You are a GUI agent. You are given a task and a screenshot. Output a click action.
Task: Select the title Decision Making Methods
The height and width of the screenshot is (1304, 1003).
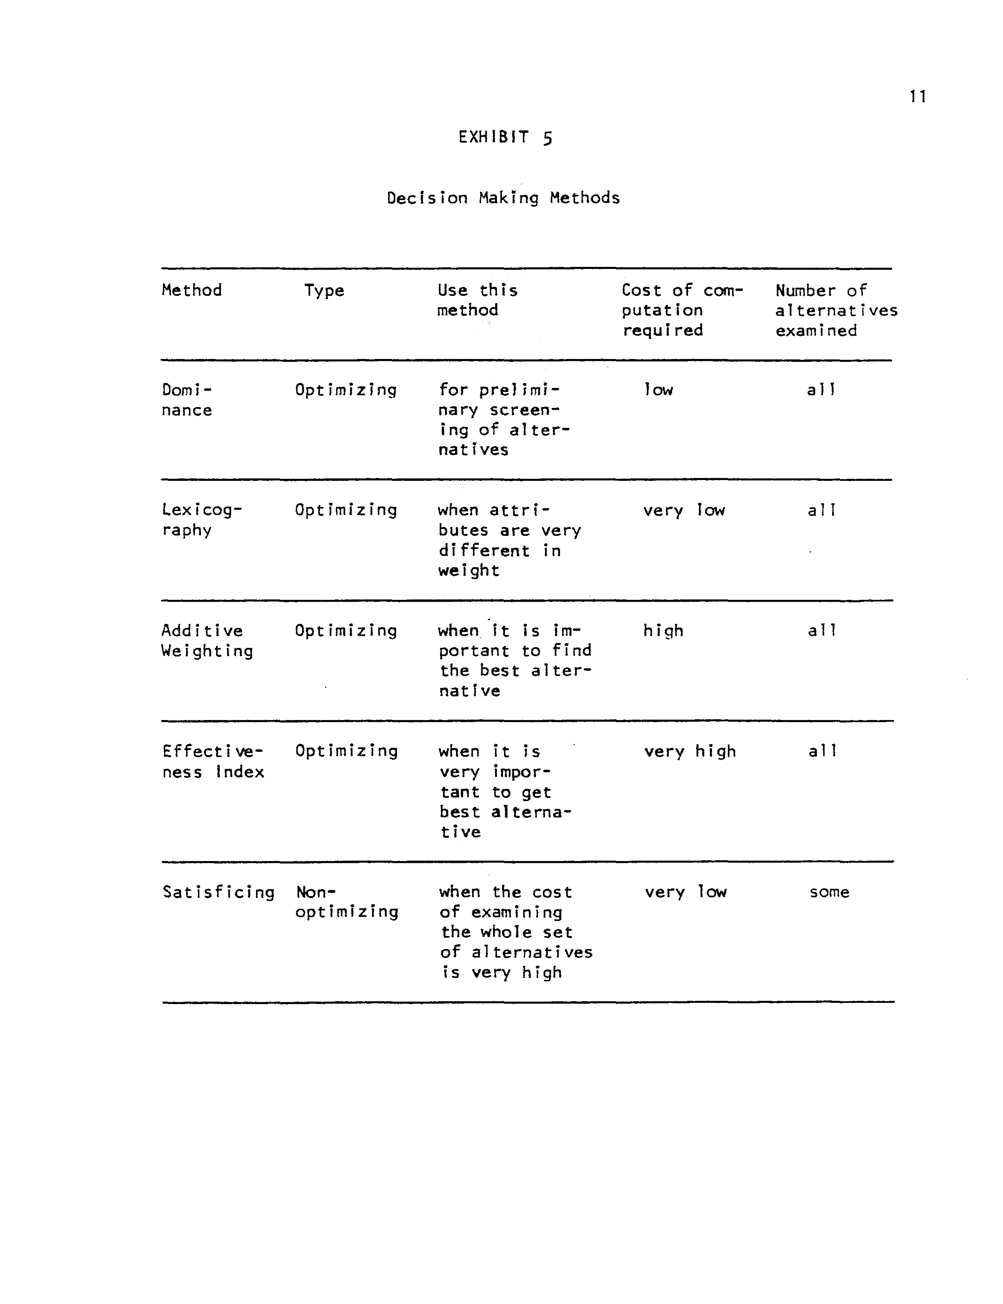coord(503,198)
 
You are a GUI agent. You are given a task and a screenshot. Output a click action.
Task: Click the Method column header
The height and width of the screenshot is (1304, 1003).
coord(191,290)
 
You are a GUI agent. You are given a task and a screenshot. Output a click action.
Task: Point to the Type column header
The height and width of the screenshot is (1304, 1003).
coord(324,291)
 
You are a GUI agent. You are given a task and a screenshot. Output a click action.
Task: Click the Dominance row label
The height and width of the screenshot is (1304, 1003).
coord(187,399)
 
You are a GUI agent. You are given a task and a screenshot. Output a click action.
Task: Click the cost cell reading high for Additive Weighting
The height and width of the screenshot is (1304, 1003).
coord(663,631)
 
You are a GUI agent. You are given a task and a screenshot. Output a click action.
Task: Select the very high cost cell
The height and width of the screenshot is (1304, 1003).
coord(690,751)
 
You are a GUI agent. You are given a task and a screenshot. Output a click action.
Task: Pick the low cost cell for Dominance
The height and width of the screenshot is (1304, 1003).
coord(658,390)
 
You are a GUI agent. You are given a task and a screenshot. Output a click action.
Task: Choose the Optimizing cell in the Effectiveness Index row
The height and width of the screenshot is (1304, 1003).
coord(346,751)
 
